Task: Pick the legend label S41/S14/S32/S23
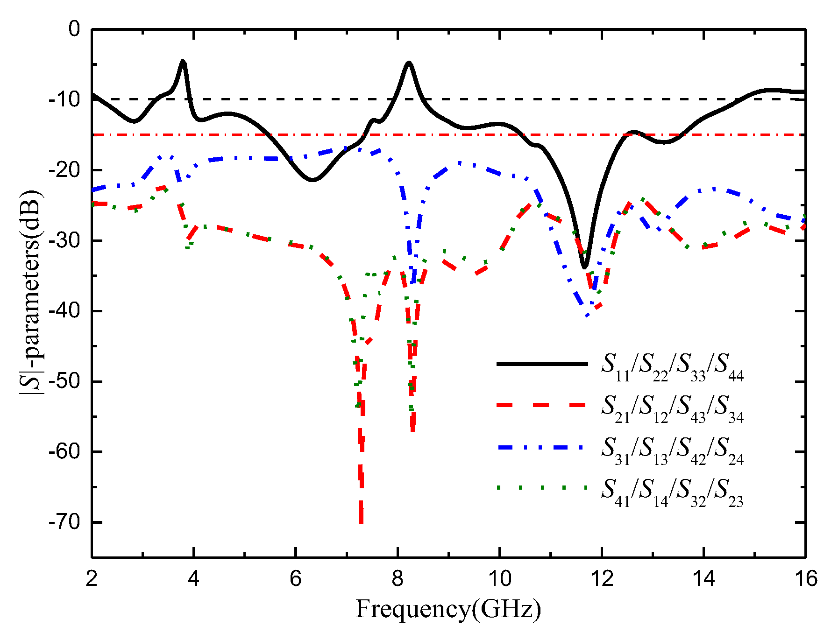[672, 492]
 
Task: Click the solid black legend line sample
[542, 364]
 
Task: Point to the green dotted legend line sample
[542, 488]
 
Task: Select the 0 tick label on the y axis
[74, 29]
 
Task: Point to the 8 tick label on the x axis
[398, 579]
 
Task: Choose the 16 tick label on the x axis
[805, 579]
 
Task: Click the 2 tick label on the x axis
[92, 579]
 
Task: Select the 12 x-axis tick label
[602, 579]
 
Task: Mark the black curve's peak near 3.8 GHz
[183, 62]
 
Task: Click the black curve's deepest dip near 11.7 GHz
[584, 267]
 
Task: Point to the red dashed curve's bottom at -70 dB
[361, 522]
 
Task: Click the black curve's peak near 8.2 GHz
[409, 63]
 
